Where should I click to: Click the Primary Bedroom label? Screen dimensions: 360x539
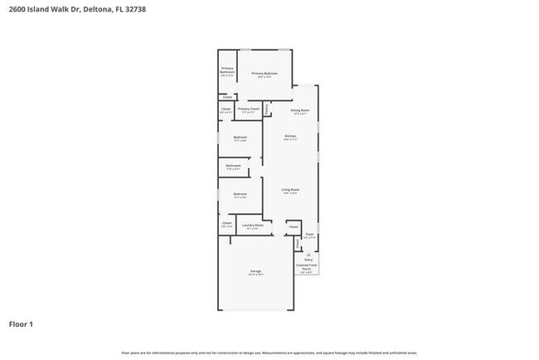265,74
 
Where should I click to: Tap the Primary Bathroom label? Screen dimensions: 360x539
227,70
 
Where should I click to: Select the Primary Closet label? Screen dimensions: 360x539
249,109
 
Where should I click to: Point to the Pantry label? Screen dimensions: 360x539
266,109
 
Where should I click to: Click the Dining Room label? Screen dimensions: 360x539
299,110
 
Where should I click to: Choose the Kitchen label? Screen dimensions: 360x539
290,136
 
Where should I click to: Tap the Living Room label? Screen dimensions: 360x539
290,190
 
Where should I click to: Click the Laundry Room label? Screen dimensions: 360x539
252,225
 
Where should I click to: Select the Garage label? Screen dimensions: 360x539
255,271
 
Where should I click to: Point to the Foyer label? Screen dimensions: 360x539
308,236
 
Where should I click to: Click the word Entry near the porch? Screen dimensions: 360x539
308,260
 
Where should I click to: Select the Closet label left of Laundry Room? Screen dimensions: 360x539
226,222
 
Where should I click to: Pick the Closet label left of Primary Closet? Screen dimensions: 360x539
226,109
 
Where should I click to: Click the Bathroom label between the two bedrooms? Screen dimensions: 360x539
233,165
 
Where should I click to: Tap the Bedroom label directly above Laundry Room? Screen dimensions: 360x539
240,194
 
